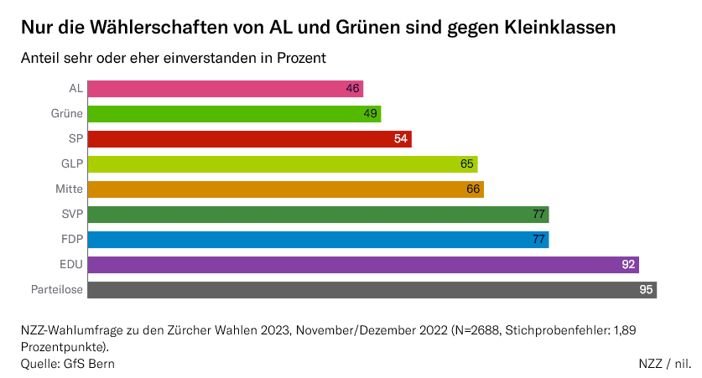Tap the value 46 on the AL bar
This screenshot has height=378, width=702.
pos(353,89)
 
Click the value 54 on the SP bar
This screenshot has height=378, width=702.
pos(401,139)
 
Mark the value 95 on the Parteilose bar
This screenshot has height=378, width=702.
pos(646,290)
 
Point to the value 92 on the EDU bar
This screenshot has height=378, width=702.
pos(628,265)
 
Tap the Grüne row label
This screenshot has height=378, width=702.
pos(67,114)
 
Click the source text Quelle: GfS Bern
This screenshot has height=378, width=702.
pos(68,364)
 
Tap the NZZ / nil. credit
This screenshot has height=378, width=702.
pos(664,364)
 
